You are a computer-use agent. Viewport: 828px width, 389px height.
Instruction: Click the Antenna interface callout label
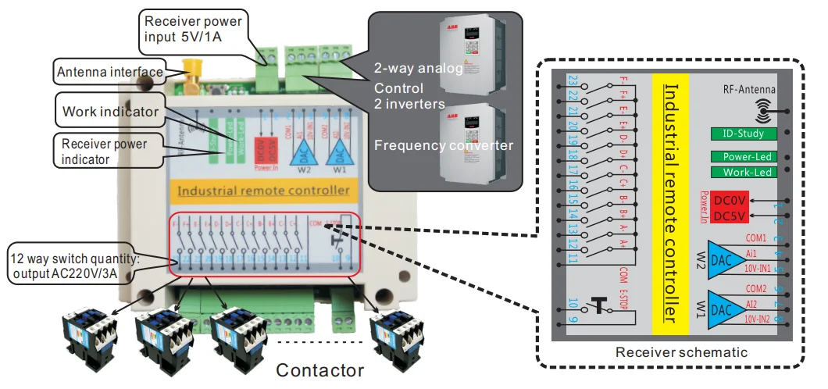click(109, 73)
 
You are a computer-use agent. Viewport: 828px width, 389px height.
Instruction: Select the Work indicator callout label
click(110, 112)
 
